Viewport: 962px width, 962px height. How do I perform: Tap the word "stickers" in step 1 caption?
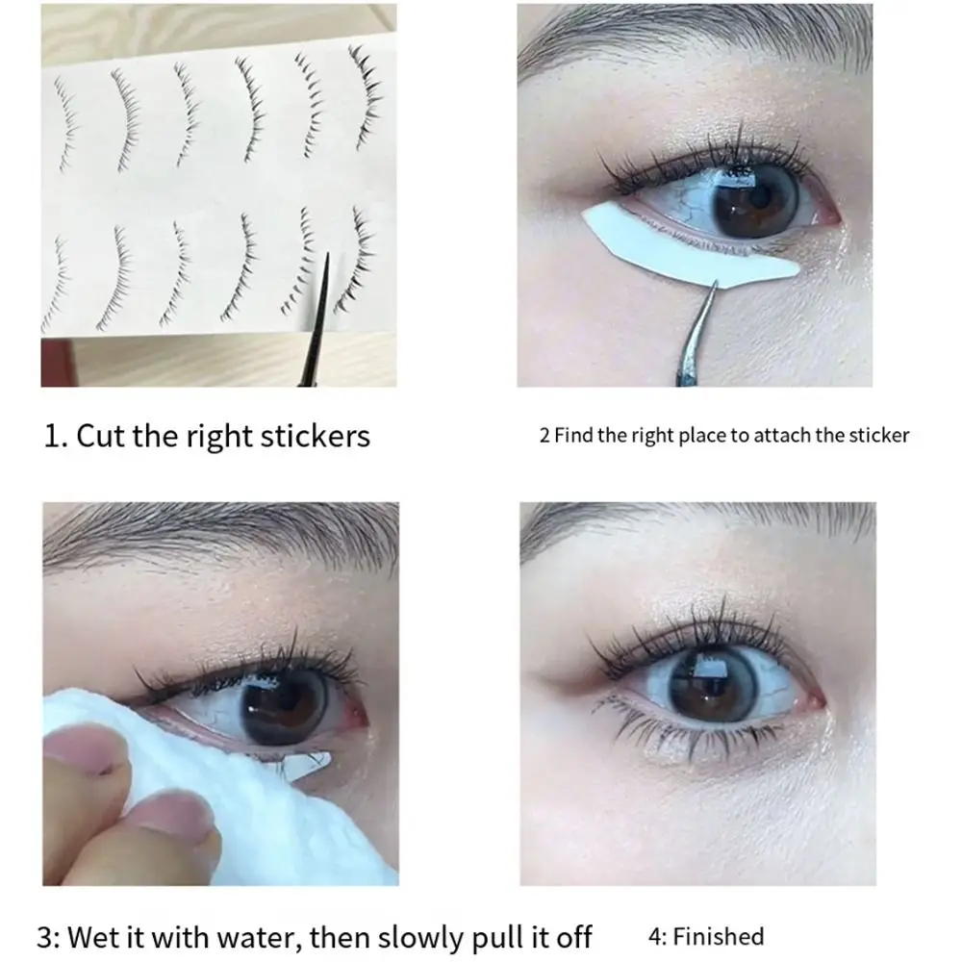click(x=316, y=436)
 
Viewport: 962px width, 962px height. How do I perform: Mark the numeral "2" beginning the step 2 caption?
click(x=544, y=435)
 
